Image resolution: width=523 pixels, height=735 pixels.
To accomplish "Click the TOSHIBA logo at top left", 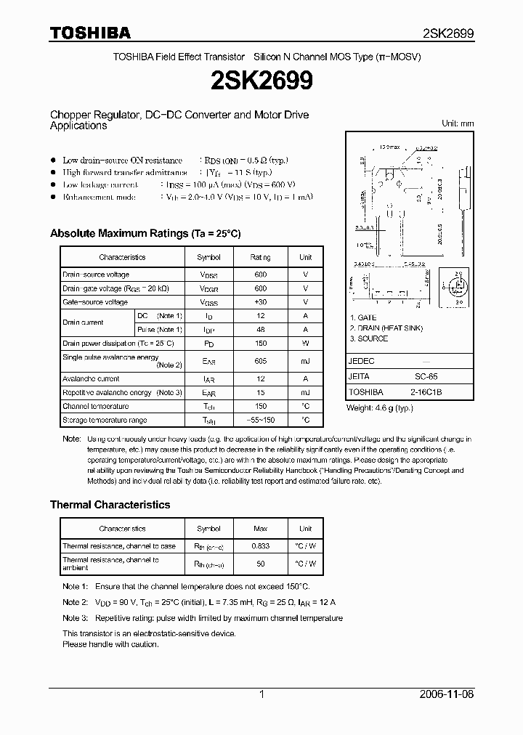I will (x=90, y=33).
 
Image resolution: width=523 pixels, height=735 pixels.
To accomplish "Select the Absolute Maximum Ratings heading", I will (x=145, y=233).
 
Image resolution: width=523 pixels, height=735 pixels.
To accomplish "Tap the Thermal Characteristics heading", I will (x=110, y=504).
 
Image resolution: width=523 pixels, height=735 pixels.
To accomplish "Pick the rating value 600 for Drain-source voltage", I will (x=261, y=275).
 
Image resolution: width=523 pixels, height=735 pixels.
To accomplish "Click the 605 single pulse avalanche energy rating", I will (x=261, y=361).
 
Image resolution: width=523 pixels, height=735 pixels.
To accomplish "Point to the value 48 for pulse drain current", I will (x=261, y=330).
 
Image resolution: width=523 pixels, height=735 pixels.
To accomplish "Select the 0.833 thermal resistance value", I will (x=261, y=545).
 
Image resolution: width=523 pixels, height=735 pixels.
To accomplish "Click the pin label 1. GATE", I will (x=364, y=318).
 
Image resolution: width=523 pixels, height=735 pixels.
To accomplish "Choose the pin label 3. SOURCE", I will (x=368, y=338).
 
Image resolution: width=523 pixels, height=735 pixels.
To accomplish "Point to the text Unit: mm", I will (x=458, y=123).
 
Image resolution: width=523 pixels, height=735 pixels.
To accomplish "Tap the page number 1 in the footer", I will (x=261, y=694).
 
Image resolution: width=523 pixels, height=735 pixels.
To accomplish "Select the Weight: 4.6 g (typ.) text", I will (x=381, y=407).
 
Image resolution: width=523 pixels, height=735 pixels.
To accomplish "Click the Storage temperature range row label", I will (x=105, y=420).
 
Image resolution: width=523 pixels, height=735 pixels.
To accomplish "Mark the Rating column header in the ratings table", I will (x=261, y=257).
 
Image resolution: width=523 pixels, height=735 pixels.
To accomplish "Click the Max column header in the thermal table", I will (x=261, y=529).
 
